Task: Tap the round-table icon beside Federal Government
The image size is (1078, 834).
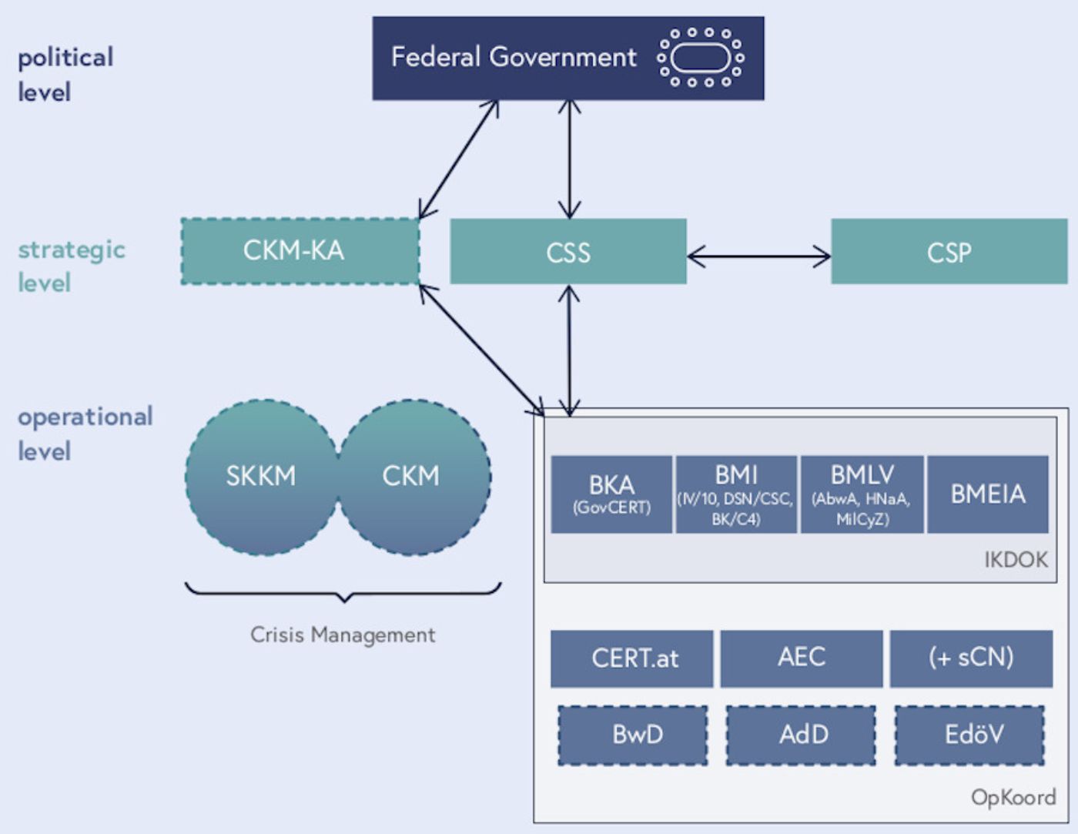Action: [x=700, y=58]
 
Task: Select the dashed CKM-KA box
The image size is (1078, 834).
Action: [x=300, y=251]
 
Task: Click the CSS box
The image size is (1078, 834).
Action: [x=568, y=252]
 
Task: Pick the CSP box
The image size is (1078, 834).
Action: [x=949, y=252]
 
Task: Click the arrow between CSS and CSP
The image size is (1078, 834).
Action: [x=758, y=256]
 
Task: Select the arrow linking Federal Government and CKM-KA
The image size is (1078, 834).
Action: [x=458, y=160]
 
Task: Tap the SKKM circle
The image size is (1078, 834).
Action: [x=261, y=477]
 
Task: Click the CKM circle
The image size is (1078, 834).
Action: [x=412, y=477]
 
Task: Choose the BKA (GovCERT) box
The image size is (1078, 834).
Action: [x=611, y=494]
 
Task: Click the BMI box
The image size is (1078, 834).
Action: [x=736, y=494]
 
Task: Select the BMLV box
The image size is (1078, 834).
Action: [x=862, y=494]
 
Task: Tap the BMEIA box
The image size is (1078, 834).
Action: [x=988, y=494]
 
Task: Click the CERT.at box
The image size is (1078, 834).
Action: [x=632, y=658]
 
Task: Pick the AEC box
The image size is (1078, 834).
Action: [x=802, y=658]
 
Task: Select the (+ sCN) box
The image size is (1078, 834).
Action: [x=971, y=658]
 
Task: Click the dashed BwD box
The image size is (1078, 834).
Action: [x=633, y=735]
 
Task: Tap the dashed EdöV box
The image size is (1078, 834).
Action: [x=970, y=735]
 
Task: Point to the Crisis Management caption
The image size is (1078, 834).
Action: [x=343, y=635]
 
